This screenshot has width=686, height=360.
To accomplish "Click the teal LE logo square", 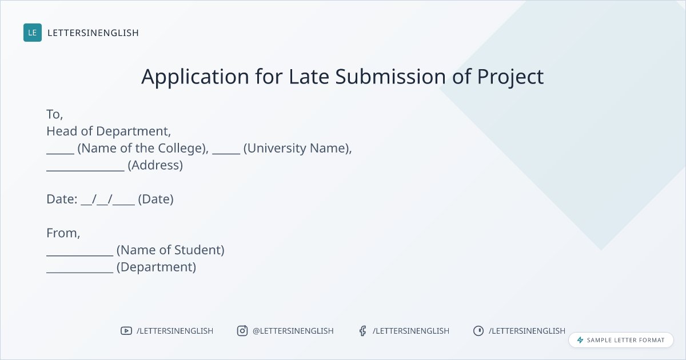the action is point(33,33).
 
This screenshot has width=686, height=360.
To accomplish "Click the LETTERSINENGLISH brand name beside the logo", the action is point(93,33).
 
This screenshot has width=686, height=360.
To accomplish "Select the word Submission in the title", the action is point(390,76).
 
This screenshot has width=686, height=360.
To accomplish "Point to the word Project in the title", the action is point(510,77).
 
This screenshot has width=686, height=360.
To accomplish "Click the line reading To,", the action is point(54,114).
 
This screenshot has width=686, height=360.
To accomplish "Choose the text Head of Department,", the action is point(109,131).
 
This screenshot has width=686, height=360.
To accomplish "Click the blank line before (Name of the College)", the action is point(61,153).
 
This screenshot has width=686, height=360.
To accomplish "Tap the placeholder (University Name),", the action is point(298,149).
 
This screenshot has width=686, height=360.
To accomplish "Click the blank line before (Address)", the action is point(85,170).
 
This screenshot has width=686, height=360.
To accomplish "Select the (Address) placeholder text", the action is point(155,165).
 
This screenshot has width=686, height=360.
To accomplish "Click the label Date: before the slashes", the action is point(62,199).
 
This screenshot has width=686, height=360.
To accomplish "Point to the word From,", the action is point(63,233).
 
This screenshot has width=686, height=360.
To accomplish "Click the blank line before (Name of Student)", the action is point(80,255).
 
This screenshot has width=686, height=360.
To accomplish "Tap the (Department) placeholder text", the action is point(156,267).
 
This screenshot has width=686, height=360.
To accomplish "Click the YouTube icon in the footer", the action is point(126,331).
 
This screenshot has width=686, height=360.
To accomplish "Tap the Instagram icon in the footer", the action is point(242,331).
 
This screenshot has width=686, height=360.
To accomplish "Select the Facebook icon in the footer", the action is point(362,331).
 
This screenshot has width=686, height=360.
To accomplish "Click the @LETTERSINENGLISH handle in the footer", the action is point(293,331).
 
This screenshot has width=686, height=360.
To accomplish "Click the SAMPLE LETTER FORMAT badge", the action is point(621,340).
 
